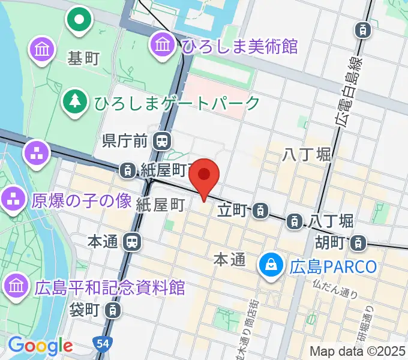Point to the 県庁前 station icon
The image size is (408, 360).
[161, 142]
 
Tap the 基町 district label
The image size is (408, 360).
[83, 59]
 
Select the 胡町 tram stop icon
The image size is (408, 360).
[358, 243]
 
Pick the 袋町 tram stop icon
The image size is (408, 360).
[111, 310]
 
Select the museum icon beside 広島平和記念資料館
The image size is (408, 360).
[17, 284]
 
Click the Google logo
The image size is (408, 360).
[40, 346]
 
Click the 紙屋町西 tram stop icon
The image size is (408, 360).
[128, 170]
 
